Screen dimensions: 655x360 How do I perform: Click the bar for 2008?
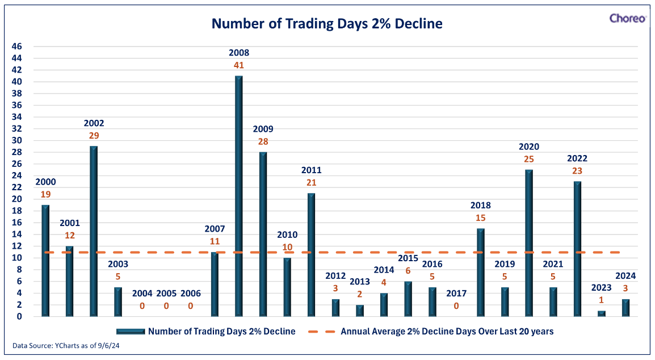[x=239, y=196]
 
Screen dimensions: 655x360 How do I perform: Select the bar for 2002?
[x=94, y=231]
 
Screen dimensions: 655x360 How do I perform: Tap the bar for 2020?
[x=529, y=243]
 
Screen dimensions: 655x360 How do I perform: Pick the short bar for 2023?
[x=602, y=313]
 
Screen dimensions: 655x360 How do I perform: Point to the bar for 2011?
[x=311, y=254]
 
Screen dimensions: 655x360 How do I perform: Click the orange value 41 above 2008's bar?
[x=239, y=65]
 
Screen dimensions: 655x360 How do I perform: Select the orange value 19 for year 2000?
[x=45, y=194]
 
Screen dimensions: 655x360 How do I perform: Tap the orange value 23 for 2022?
[x=577, y=170]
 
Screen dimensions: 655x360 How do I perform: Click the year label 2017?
[x=456, y=294]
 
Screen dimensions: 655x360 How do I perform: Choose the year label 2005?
[x=166, y=294]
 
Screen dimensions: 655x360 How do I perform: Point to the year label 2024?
[x=625, y=276]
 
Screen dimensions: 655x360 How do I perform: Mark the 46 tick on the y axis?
[x=16, y=47]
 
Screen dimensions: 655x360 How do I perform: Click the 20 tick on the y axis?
[x=16, y=199]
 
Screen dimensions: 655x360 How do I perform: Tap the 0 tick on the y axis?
[x=19, y=316]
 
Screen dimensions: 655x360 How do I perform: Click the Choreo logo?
[x=627, y=18]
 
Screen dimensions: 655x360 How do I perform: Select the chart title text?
[x=327, y=23]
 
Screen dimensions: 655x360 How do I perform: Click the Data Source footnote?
[x=66, y=346]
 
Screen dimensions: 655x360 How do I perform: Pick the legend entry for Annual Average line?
[x=431, y=332]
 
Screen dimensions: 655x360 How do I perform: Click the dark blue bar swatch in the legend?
[x=131, y=332]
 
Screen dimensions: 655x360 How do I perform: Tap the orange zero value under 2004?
[x=142, y=306]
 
